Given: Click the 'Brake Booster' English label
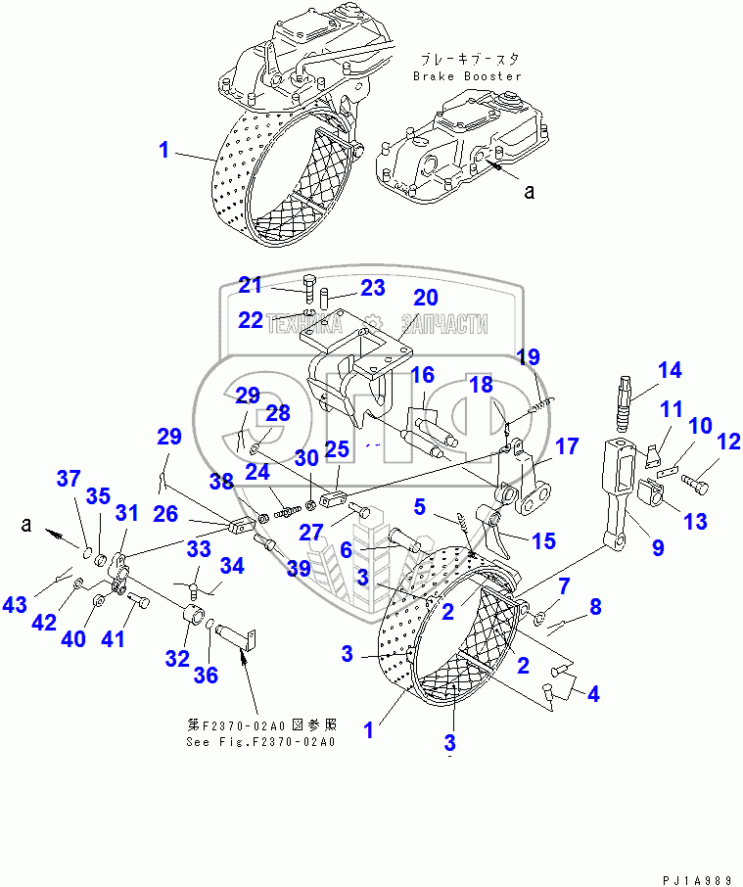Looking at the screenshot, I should tap(467, 75).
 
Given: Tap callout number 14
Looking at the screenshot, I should tap(669, 371).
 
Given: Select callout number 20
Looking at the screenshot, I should tap(425, 298).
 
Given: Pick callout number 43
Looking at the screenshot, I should tap(15, 605).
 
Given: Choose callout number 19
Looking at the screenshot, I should tap(529, 357).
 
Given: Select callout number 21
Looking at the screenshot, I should tap(252, 285).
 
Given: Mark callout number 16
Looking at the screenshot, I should tap(422, 374).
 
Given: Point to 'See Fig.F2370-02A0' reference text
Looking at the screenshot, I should tap(260, 741).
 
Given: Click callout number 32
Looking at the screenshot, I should tap(177, 658).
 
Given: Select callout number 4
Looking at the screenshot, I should tap(591, 694).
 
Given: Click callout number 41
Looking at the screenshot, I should tap(115, 640).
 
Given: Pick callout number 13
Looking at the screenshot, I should tap(695, 521).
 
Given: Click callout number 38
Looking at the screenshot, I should tap(220, 481).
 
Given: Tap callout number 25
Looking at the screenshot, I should tap(337, 449).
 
